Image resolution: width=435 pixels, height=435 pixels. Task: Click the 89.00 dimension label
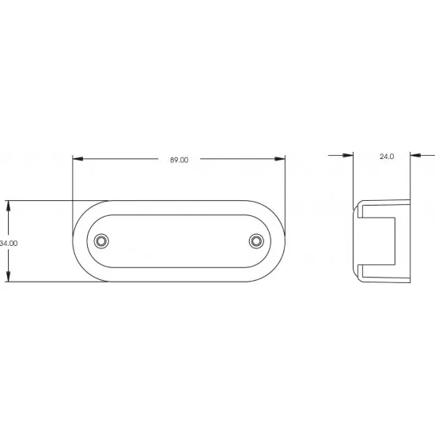(179, 160)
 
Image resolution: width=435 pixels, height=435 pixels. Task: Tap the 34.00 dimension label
(9, 244)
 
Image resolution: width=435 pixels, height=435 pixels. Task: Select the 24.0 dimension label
(387, 157)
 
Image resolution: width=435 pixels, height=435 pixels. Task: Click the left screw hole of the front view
(101, 241)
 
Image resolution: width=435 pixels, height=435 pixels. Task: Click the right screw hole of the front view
(256, 241)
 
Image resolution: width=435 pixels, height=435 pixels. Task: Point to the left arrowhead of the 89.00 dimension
(78, 159)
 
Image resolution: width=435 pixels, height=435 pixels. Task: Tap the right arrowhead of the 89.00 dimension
(280, 159)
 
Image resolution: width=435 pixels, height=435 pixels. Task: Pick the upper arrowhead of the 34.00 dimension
(9, 206)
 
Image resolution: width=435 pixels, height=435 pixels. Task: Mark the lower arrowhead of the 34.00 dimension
(9, 276)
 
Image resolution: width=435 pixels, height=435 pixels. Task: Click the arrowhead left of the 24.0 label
(348, 155)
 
